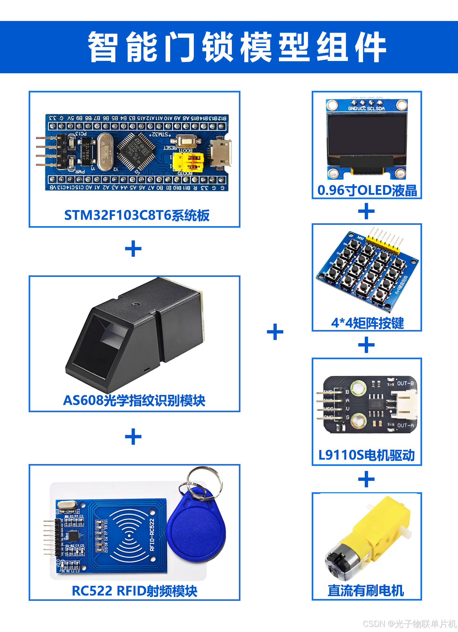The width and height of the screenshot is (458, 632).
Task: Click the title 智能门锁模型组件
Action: (237, 47)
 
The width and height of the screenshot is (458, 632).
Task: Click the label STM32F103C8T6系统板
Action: (137, 215)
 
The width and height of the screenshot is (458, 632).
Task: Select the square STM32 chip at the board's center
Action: (136, 151)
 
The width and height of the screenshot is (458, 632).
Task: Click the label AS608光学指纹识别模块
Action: (134, 400)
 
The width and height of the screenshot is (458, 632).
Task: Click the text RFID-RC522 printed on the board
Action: (152, 535)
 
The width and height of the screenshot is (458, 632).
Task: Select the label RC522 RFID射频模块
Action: (135, 591)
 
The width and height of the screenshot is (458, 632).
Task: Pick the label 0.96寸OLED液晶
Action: (367, 190)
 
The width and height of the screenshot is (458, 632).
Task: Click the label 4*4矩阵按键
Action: (367, 323)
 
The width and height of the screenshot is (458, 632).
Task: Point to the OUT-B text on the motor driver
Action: (405, 383)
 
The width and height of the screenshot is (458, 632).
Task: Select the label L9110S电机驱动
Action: (367, 455)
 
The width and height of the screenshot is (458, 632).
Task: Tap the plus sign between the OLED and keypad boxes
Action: (366, 212)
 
